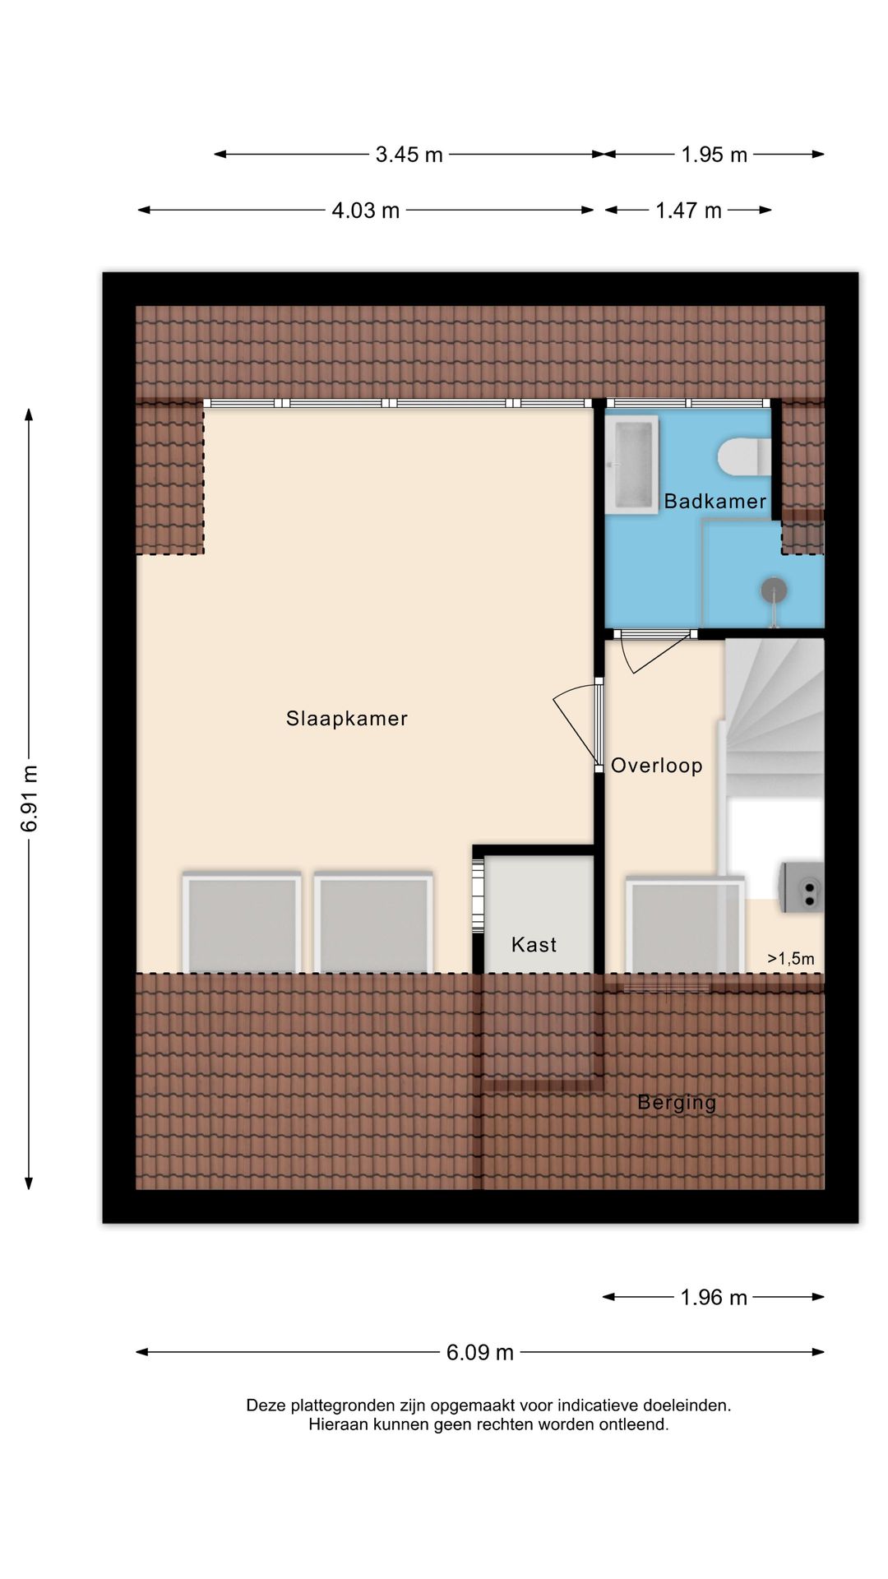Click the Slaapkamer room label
point(346,719)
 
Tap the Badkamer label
point(715,501)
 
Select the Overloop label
point(656,766)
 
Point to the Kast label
point(534,945)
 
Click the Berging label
point(677,1103)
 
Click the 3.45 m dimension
point(409,155)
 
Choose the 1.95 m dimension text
point(714,155)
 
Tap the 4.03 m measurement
point(365,211)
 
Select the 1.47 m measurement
point(688,211)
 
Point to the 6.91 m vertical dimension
point(30,799)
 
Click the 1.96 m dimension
point(714,1298)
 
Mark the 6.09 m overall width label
point(480,1353)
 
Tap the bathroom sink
point(631,465)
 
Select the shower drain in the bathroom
point(773,590)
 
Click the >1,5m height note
point(791,959)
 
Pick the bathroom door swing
point(655,652)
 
